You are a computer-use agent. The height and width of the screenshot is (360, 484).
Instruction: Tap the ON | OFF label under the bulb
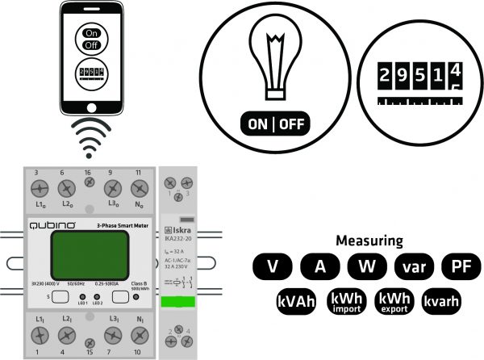pyautogui.click(x=274, y=124)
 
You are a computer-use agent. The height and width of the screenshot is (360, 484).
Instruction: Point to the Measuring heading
pyautogui.click(x=369, y=241)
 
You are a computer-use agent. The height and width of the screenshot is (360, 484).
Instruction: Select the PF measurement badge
pyautogui.click(x=461, y=267)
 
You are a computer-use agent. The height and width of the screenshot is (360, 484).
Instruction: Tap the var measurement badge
pyautogui.click(x=414, y=267)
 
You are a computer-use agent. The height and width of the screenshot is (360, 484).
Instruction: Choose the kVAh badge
pyautogui.click(x=295, y=301)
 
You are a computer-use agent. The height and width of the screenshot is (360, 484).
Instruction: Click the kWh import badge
pyautogui.click(x=346, y=301)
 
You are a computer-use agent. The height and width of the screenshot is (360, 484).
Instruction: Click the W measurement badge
pyautogui.click(x=366, y=267)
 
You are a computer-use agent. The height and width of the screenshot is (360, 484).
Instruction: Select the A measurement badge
pyautogui.click(x=319, y=267)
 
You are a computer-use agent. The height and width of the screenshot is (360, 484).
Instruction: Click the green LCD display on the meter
pyautogui.click(x=79, y=253)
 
